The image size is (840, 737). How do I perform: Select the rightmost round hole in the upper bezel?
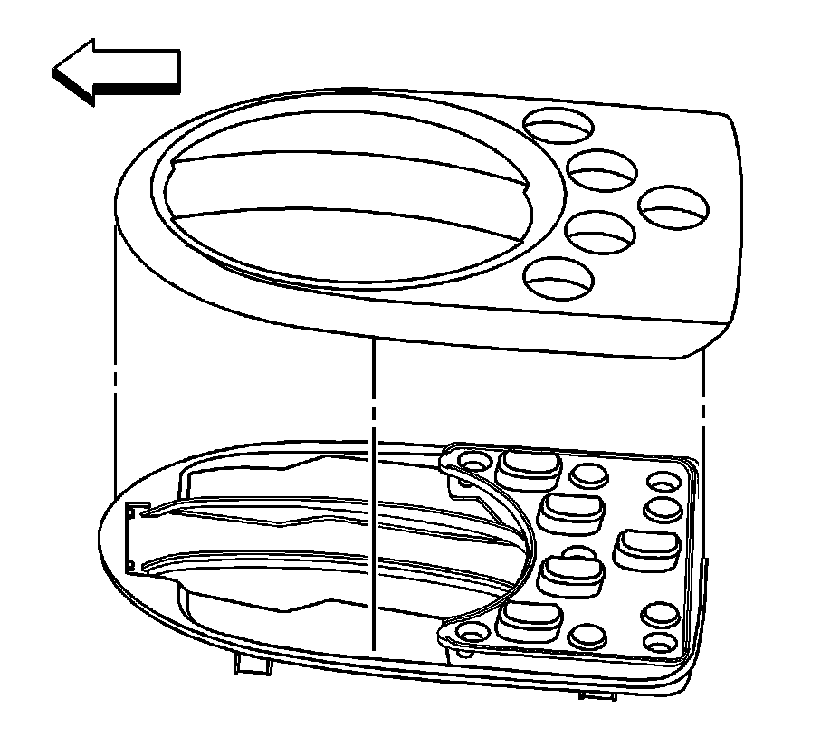[674, 207]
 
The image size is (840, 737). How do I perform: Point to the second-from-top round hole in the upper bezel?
[601, 169]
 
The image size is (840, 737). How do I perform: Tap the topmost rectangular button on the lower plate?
[527, 464]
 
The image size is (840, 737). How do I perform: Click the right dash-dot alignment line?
[703, 398]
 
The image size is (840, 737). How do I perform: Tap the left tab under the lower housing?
[250, 665]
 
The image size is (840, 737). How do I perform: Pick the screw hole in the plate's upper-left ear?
[471, 462]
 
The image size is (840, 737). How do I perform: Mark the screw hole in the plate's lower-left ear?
[471, 632]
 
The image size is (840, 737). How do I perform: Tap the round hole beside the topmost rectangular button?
[588, 474]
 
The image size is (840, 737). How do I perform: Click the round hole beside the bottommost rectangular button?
[588, 635]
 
